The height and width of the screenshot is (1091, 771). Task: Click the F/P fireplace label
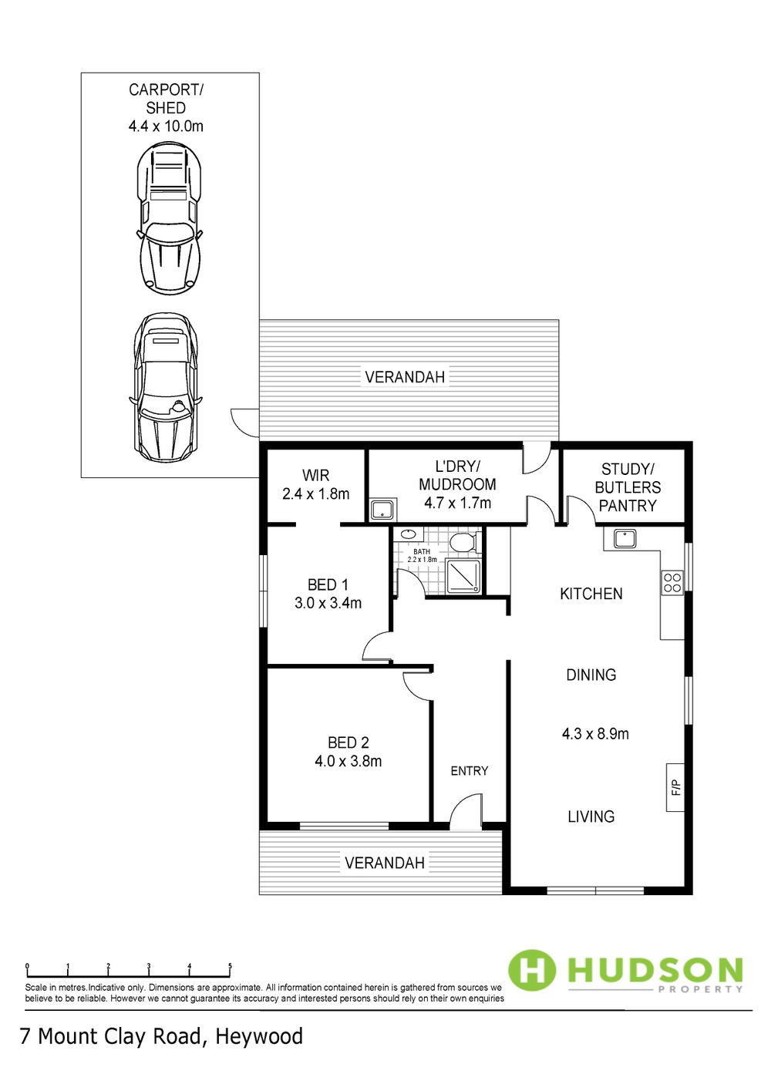[x=675, y=787]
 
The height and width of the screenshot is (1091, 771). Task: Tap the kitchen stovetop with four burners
[x=672, y=582]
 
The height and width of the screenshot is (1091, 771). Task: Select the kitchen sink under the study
[x=621, y=539]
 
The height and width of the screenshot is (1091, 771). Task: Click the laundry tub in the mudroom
[x=383, y=510]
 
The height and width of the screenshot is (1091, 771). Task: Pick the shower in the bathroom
[x=463, y=576]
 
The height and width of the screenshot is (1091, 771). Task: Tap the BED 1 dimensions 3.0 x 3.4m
[x=328, y=604]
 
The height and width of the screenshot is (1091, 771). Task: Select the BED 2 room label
[x=348, y=742]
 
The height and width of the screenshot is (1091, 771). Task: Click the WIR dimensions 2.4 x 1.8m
[x=315, y=494]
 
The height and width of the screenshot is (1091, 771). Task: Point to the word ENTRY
[x=469, y=770]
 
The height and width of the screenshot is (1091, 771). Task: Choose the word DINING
[x=591, y=675]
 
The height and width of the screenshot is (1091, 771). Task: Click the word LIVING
[x=591, y=817]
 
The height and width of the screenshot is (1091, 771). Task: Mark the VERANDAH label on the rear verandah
[x=405, y=377]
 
